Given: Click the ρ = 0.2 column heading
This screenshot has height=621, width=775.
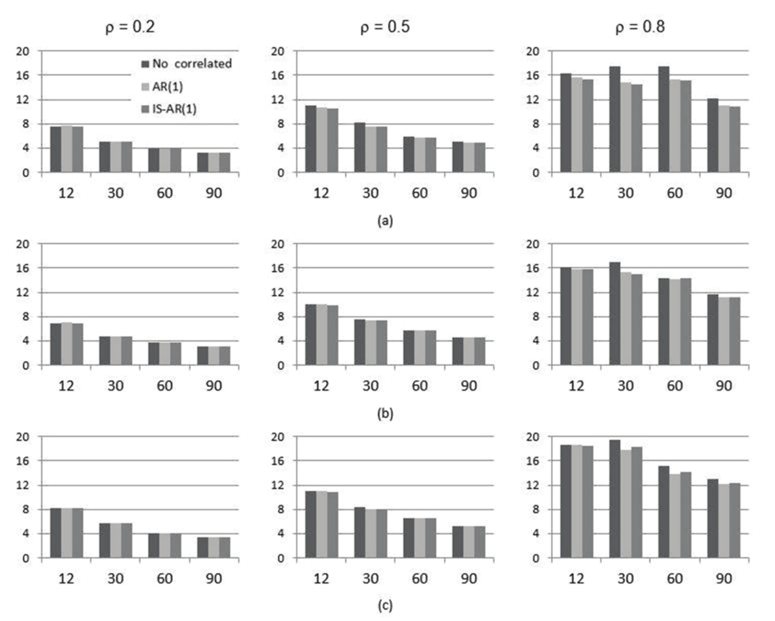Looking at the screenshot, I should tap(130, 27).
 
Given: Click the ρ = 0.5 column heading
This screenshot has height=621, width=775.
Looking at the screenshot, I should tap(385, 27).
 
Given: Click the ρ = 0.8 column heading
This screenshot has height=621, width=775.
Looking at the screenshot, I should tap(640, 27).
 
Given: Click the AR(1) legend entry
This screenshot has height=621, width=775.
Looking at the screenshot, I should tap(167, 87).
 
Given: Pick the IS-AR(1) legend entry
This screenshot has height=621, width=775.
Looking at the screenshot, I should tap(174, 109).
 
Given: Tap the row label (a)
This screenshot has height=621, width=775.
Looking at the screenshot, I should tap(385, 221).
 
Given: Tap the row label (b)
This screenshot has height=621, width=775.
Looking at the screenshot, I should tap(385, 414).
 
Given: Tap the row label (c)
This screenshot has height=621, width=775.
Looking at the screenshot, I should tap(385, 606).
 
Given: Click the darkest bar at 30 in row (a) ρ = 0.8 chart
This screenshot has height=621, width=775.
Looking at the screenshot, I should tap(615, 120).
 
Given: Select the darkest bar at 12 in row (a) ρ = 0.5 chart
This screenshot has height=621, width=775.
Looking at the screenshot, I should tap(311, 139).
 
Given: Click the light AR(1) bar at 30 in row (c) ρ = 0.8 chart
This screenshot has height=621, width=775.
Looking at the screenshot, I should tap(626, 504).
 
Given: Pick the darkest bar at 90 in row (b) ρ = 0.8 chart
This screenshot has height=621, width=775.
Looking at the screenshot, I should tap(713, 330).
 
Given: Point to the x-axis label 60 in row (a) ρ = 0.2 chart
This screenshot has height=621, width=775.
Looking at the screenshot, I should tap(165, 193).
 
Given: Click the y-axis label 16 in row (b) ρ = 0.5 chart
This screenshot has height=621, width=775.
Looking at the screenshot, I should tap(277, 268).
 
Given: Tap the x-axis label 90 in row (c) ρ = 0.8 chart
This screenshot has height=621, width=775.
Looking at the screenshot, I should tap(724, 578).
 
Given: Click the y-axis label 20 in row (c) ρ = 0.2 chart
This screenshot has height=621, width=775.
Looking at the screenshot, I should tap(23, 436).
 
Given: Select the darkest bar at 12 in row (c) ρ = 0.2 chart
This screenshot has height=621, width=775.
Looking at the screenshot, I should tap(55, 533).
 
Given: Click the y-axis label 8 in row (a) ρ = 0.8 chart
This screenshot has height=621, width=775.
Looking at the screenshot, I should tap(535, 124).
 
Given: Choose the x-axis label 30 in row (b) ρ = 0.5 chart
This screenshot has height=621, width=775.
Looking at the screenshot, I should tap(370, 386).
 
